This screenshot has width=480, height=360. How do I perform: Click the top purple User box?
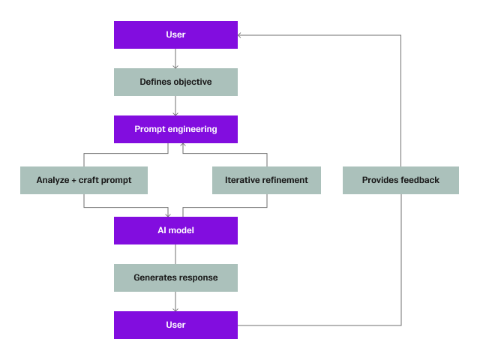pos(175,35)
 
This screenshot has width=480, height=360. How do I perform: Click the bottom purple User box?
pos(175,325)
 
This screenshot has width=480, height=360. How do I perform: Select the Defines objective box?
pos(175,82)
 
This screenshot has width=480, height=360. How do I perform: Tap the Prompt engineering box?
pos(175,129)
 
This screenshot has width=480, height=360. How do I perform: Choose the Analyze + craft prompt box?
pos(83,180)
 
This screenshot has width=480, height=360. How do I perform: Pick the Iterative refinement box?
pos(266,180)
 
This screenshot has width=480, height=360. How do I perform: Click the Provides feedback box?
pos(400,180)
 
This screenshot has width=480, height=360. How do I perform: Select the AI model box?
pos(175,230)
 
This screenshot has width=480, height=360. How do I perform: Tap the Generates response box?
pos(175,277)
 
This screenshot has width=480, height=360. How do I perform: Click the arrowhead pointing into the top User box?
pos(241,35)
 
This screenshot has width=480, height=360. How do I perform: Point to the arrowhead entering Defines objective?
pos(175,66)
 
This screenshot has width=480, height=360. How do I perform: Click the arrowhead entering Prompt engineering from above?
pos(175,113)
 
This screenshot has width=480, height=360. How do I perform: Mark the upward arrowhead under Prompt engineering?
pos(184,145)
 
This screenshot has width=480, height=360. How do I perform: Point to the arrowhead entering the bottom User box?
pos(175,309)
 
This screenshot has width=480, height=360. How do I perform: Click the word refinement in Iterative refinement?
pos(284,180)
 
